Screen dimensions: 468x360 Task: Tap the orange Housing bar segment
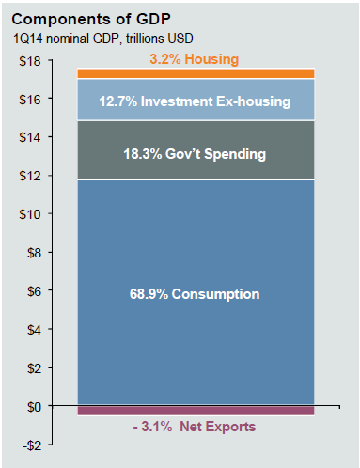(103, 73)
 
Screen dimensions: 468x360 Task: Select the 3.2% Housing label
(194, 59)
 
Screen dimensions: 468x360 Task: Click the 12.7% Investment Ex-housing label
(195, 101)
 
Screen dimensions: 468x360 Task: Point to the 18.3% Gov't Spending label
(195, 153)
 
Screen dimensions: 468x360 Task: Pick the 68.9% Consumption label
(195, 294)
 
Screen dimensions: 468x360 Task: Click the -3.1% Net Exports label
(194, 427)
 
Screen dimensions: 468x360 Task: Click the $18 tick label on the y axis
(30, 61)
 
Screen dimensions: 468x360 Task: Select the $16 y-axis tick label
(30, 100)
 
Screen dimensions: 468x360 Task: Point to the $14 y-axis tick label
(30, 138)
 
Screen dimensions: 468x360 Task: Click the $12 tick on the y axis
(30, 176)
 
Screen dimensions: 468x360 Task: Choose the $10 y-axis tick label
(30, 214)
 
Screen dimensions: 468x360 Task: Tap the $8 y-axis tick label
(33, 253)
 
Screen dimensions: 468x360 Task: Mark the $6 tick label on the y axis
(33, 291)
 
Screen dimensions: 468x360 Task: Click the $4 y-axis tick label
(33, 330)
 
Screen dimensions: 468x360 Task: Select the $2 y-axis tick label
(33, 368)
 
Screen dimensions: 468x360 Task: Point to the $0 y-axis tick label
(33, 406)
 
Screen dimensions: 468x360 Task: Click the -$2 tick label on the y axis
(31, 445)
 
